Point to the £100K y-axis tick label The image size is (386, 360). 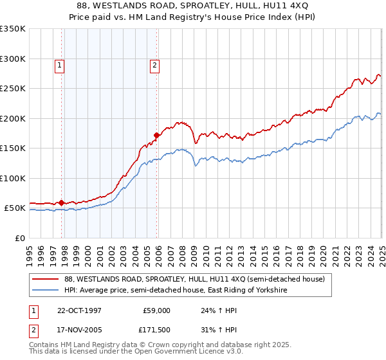pos(13,178)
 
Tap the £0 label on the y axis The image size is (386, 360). pos(20,238)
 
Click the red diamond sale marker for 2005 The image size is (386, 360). pos(156,135)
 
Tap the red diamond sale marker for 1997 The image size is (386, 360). pos(62,203)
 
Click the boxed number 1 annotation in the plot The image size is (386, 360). pos(59,64)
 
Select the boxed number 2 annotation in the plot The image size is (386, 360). pos(156,64)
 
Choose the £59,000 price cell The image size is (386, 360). pos(156,310)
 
